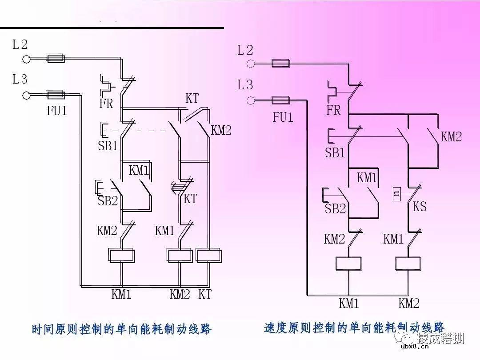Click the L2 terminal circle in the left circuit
tap(26, 59)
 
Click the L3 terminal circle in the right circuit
tap(251, 100)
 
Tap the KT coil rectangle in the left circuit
tap(209, 256)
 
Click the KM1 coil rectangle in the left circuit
tap(122, 256)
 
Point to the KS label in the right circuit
tap(420, 207)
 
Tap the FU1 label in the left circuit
tap(57, 111)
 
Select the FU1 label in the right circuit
tap(283, 117)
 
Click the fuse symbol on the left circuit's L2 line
tap(56, 59)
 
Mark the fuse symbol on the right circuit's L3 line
tap(280, 100)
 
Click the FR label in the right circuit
tap(333, 110)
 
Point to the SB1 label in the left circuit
tap(108, 146)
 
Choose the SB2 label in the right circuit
tap(335, 208)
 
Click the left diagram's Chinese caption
tap(121, 329)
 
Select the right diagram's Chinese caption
tap(354, 328)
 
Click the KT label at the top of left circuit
tap(192, 99)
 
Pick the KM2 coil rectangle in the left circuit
tap(180, 256)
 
